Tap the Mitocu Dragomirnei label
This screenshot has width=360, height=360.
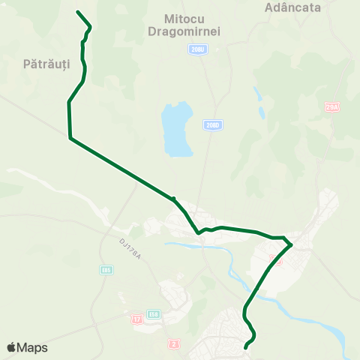point(192,24)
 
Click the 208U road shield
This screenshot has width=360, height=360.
point(196,49)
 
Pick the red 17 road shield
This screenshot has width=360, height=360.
point(136,319)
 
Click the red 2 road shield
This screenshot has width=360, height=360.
point(175,343)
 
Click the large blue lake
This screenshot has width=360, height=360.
point(178,129)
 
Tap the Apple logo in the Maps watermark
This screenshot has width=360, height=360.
point(12,347)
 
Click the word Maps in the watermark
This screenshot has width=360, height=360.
point(32,347)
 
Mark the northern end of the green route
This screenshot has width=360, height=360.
point(78,12)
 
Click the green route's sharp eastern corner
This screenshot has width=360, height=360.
point(291,244)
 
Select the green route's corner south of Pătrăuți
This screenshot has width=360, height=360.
point(70,138)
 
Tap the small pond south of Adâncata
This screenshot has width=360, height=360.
point(259,95)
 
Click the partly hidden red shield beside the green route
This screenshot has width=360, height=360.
point(274,259)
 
